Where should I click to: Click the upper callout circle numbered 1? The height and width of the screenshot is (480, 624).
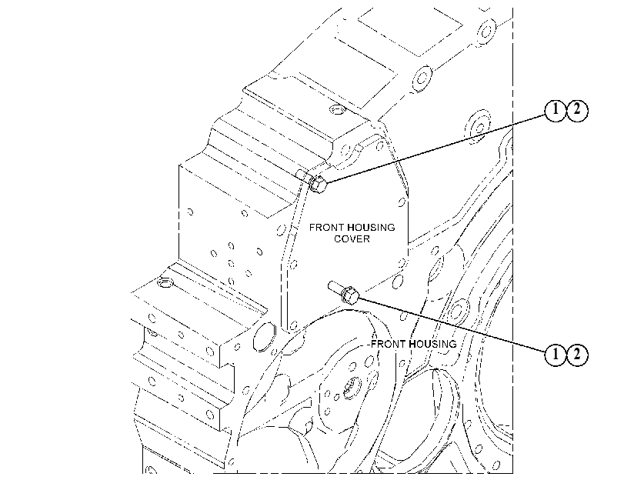click(x=555, y=110)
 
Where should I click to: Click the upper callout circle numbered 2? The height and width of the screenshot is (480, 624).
click(x=577, y=110)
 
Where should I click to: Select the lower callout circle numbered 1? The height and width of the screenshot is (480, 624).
click(x=555, y=353)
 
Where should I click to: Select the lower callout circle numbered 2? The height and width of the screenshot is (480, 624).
click(x=577, y=353)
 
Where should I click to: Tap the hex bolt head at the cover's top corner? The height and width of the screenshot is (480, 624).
click(x=319, y=184)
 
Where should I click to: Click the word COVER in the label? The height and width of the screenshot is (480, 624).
click(x=352, y=238)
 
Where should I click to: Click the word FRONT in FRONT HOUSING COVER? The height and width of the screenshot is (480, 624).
click(x=326, y=227)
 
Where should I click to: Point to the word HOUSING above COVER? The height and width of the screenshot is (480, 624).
click(x=371, y=227)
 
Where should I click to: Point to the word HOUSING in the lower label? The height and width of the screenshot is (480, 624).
click(x=432, y=344)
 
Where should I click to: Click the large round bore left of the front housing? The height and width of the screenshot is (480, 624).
click(x=264, y=337)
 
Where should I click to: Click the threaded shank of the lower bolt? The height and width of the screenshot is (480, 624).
click(x=335, y=288)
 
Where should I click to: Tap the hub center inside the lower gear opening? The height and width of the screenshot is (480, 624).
click(x=351, y=387)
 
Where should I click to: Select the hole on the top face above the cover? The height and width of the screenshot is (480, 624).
click(x=338, y=108)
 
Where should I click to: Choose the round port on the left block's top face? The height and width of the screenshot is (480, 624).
click(x=164, y=283)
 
